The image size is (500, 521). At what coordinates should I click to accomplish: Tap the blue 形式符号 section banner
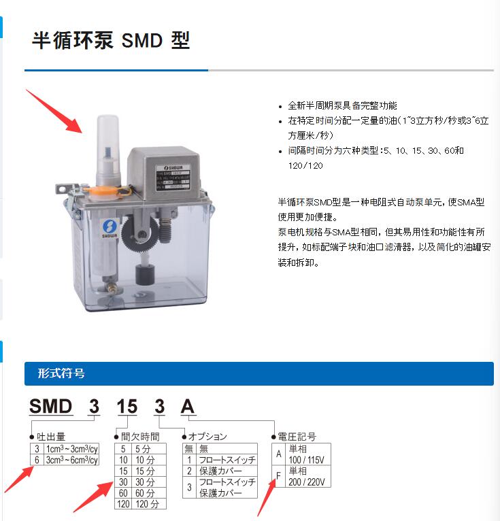click(x=259, y=373)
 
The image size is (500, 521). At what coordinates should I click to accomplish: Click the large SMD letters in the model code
click(x=51, y=407)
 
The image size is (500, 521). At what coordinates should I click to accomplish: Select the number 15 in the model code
click(x=127, y=407)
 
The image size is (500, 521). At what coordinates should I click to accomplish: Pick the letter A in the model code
click(x=187, y=407)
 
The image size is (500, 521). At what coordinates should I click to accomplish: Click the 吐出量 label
click(x=52, y=437)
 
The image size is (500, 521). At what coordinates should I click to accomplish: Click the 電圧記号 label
click(x=297, y=437)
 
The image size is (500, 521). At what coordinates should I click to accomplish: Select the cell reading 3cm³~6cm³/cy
click(x=71, y=460)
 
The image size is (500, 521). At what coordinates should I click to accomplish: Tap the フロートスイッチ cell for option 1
click(x=227, y=460)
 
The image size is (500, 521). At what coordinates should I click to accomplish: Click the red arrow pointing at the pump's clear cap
click(x=54, y=110)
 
